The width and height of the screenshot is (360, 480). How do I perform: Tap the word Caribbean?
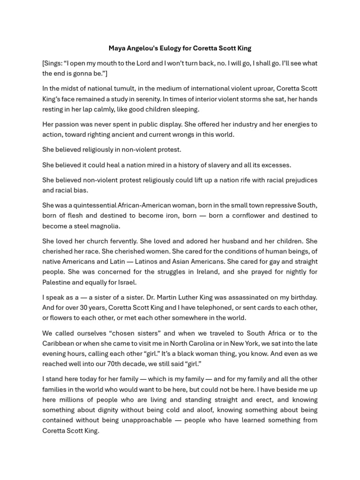pos(58,343)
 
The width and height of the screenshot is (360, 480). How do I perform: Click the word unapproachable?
pos(145,420)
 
